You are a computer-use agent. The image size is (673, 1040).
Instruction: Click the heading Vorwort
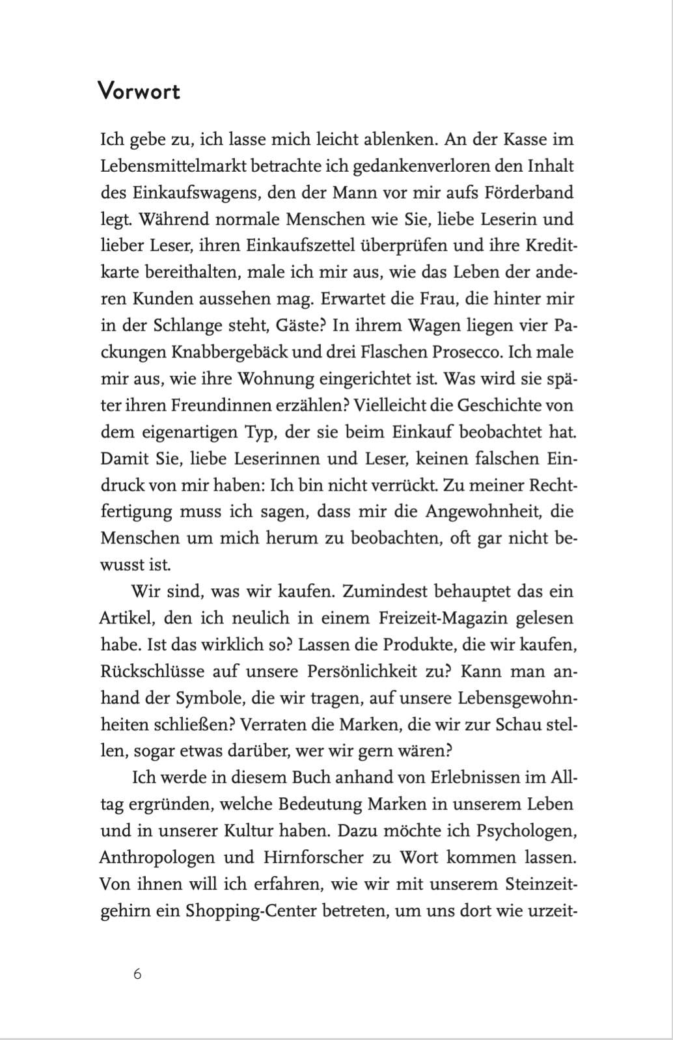click(x=139, y=91)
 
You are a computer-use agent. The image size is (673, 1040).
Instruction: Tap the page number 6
click(x=137, y=974)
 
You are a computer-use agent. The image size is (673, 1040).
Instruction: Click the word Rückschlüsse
click(x=152, y=672)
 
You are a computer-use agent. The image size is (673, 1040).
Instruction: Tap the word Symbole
click(x=208, y=698)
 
